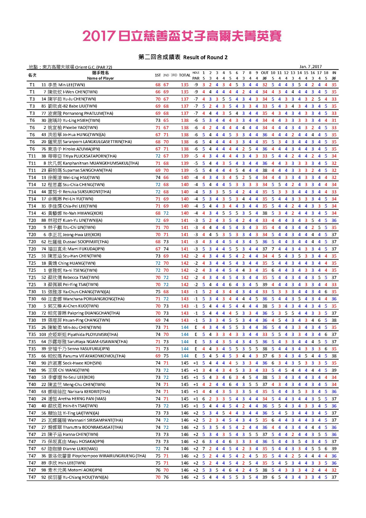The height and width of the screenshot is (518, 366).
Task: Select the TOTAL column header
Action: (185, 75)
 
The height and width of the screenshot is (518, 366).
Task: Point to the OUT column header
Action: (265, 73)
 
